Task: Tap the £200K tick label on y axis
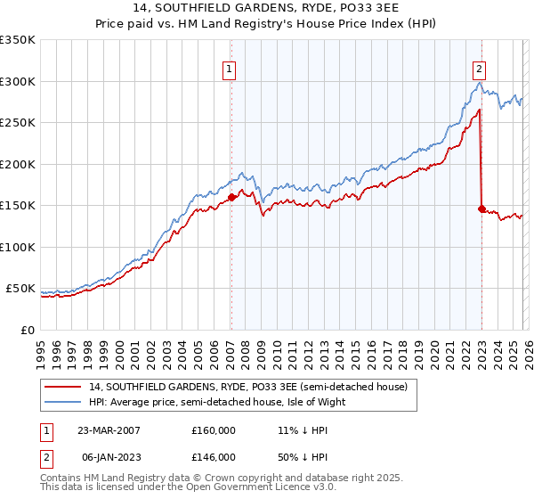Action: click(x=18, y=164)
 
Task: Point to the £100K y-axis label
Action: click(x=18, y=247)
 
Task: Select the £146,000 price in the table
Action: click(x=213, y=456)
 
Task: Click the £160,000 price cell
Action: click(x=213, y=430)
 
